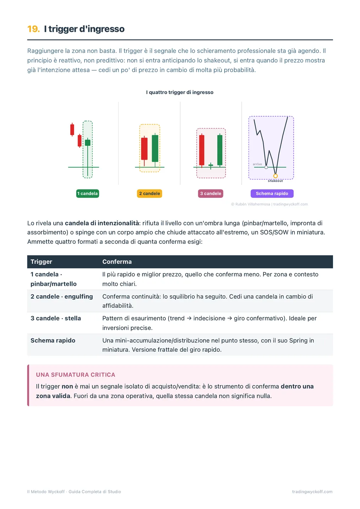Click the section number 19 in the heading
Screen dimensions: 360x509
click(33, 29)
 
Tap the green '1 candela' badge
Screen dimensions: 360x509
click(88, 193)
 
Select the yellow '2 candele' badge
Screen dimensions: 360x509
click(149, 193)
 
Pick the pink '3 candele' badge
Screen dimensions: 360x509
click(211, 193)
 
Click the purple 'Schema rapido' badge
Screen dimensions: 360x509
click(272, 193)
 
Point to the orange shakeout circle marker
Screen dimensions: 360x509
click(275, 176)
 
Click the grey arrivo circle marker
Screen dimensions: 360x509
click(266, 167)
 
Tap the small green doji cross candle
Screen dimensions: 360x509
click(211, 166)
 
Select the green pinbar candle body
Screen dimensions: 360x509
click(88, 143)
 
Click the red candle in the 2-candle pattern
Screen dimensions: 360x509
click(144, 148)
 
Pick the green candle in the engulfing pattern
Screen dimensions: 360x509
click(155, 148)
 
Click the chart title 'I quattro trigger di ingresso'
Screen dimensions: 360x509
click(180, 92)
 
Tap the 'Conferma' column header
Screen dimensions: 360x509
click(117, 261)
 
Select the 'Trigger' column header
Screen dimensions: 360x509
click(41, 261)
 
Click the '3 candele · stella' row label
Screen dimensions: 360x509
click(56, 318)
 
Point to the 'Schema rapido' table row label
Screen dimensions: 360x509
click(53, 340)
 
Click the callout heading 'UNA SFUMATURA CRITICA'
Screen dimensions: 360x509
click(76, 375)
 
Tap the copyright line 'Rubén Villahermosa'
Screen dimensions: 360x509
click(252, 204)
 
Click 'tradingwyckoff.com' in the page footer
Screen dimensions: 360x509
click(312, 492)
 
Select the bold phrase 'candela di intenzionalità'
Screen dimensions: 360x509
click(102, 223)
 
